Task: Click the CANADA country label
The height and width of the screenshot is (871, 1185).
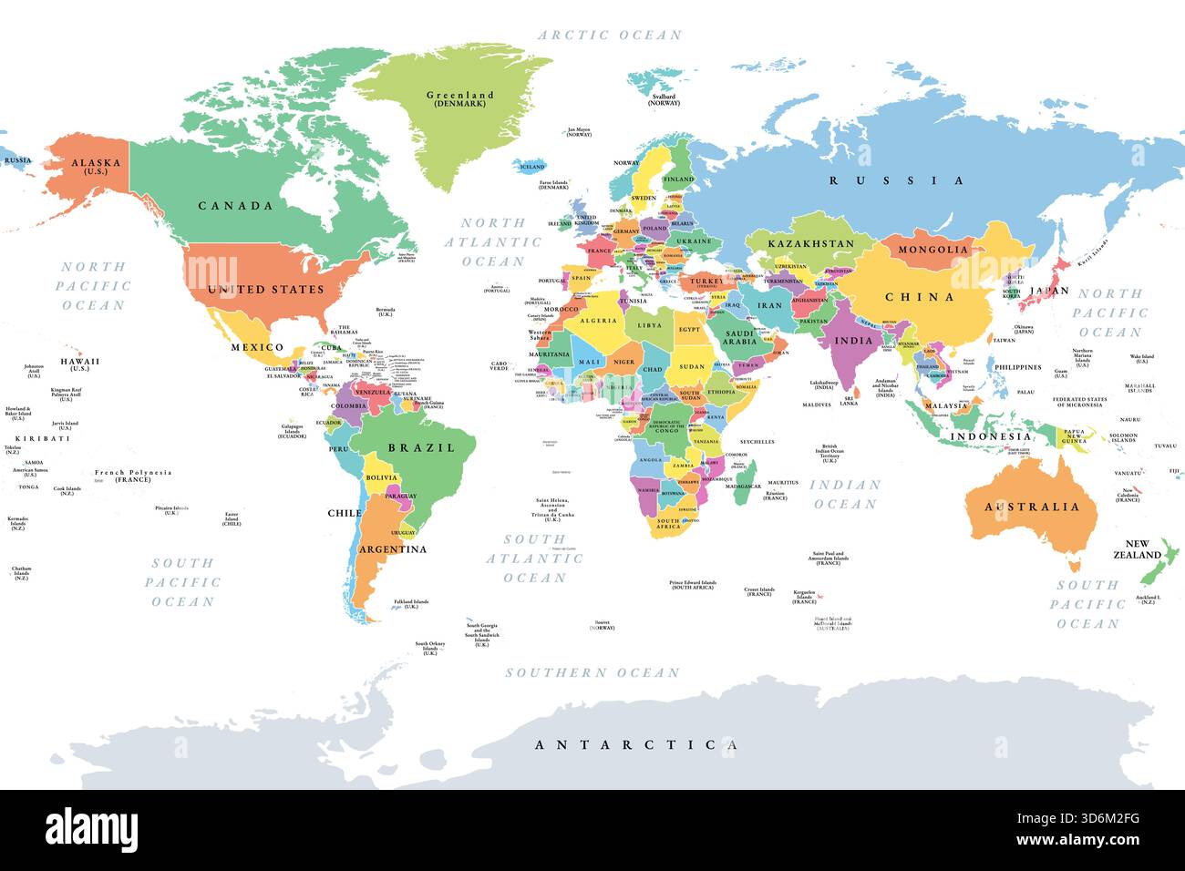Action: click(235, 206)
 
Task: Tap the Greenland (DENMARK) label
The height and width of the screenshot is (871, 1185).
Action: click(460, 98)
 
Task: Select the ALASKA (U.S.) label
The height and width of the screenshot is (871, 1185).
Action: click(96, 166)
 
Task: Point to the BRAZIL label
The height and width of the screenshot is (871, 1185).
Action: click(421, 447)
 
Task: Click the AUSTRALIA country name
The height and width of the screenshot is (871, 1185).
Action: click(1032, 507)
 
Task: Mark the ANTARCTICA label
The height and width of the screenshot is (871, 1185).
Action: click(636, 745)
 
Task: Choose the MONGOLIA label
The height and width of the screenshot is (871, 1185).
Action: click(933, 249)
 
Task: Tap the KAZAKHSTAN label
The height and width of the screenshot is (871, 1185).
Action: click(810, 243)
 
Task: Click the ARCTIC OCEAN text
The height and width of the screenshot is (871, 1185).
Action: click(610, 36)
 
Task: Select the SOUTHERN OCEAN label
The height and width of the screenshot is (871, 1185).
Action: click(592, 673)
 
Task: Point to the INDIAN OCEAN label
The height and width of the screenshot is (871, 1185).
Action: click(845, 495)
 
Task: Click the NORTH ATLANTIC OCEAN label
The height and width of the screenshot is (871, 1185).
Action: click(493, 242)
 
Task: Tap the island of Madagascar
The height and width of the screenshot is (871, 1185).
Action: click(745, 476)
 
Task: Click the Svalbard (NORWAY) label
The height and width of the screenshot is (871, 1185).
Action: click(664, 98)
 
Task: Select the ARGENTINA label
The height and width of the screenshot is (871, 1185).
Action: click(392, 549)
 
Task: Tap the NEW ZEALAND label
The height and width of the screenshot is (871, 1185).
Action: click(1137, 549)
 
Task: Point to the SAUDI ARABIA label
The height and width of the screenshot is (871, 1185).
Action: click(740, 337)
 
